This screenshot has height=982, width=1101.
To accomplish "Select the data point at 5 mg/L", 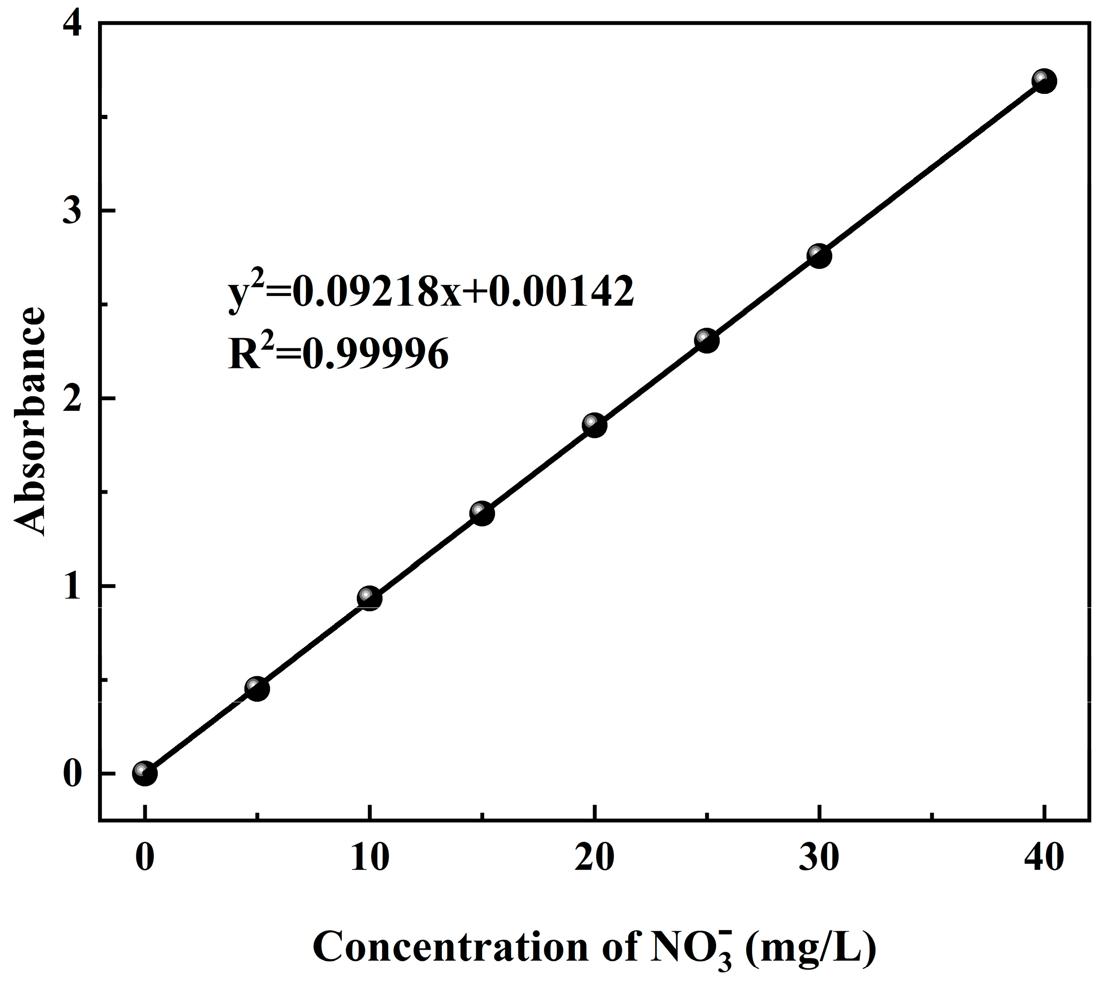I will (x=257, y=688).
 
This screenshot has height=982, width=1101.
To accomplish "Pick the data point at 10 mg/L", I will (x=369, y=598).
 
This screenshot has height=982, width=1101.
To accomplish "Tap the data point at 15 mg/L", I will (x=482, y=513).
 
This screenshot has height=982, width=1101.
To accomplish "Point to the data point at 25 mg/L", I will (x=706, y=340).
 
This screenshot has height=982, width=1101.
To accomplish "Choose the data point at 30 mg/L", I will (x=819, y=256).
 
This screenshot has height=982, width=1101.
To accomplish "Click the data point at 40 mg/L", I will (x=1045, y=81).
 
